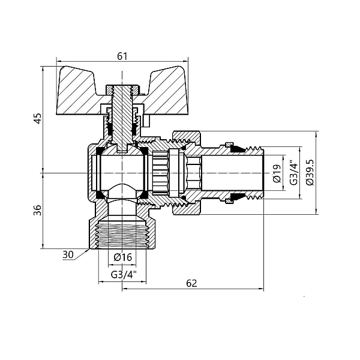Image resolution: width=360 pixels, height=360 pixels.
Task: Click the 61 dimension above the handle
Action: click(122, 56)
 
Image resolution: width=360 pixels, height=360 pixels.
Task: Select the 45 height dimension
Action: click(37, 119)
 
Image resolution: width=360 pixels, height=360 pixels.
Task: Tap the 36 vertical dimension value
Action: click(37, 210)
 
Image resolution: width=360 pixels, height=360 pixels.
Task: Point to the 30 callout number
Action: click(68, 254)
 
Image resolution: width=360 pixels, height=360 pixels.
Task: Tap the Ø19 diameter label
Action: click(277, 173)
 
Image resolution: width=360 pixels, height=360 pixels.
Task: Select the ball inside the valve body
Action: click(122, 172)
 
